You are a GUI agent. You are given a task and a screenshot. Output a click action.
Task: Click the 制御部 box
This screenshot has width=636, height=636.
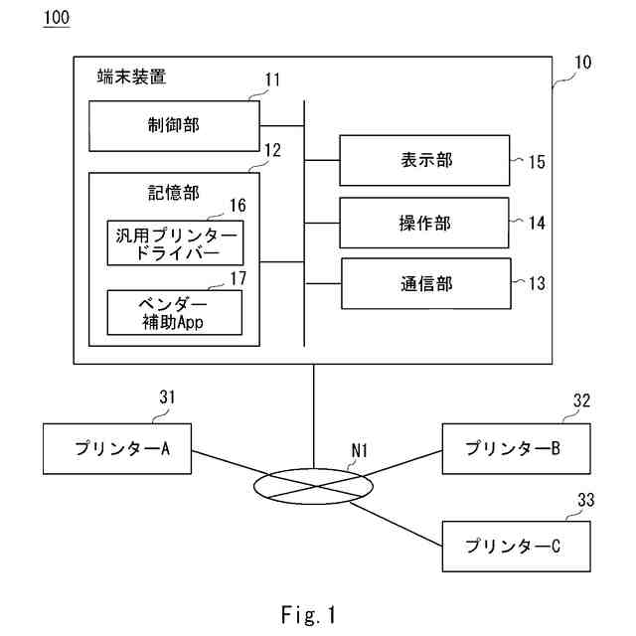point(174,126)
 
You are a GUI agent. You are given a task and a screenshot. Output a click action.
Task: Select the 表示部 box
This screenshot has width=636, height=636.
point(424,161)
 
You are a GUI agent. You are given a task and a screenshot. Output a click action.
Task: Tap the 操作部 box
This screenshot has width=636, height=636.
point(424,223)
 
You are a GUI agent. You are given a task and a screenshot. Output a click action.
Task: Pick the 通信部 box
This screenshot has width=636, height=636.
point(426,284)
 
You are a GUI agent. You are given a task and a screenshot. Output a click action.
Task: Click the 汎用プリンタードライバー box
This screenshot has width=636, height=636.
point(175,242)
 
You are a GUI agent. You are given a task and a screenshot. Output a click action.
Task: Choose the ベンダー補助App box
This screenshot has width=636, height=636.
point(175,312)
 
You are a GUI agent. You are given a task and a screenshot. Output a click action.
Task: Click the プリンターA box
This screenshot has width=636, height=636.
point(117,448)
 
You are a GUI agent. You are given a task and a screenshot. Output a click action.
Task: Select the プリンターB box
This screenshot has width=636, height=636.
point(516,448)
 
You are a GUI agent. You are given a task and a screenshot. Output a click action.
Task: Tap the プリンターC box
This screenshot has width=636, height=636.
point(516,547)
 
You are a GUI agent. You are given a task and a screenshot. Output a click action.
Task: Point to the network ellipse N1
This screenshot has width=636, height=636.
point(254,487)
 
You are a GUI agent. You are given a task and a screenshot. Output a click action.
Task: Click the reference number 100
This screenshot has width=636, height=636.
point(57,18)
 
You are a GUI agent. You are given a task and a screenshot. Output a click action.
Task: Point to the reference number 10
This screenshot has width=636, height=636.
point(583,62)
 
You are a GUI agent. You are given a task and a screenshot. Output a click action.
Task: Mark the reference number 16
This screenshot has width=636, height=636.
point(238,206)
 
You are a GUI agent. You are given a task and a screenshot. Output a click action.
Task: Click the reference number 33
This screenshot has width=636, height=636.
point(586,500)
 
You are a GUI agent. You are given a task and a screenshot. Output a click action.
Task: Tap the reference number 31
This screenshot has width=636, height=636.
point(167,397)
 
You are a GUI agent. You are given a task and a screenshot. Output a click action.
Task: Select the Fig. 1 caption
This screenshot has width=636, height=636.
point(309,614)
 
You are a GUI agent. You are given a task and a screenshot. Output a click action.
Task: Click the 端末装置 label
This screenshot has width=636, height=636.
point(131,77)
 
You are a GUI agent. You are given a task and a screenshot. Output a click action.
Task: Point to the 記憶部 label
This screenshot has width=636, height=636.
point(174,193)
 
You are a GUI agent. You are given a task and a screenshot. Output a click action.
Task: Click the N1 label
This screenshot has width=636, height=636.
point(360,450)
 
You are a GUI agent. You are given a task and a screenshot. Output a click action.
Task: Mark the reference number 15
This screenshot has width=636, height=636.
point(537,162)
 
